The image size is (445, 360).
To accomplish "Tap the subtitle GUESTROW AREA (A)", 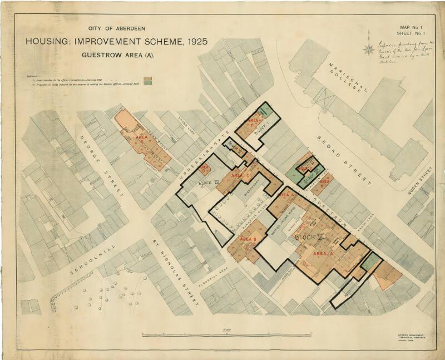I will click(117, 55).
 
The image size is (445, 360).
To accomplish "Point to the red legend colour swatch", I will click(149, 78).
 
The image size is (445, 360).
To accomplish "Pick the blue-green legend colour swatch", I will click(149, 83).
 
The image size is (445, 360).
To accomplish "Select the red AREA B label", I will click(248, 240).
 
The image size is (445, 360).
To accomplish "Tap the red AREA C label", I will click(241, 176).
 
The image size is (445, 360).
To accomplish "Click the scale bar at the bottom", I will click(227, 334).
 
